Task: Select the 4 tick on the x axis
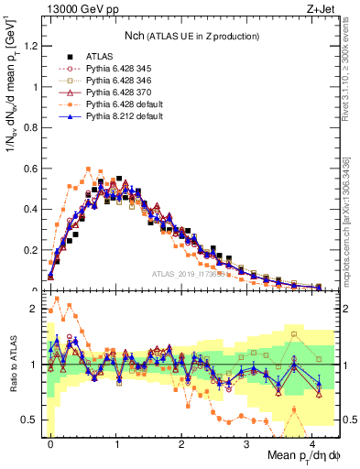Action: pyautogui.click(x=313, y=442)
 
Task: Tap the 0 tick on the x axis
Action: pyautogui.click(x=50, y=442)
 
